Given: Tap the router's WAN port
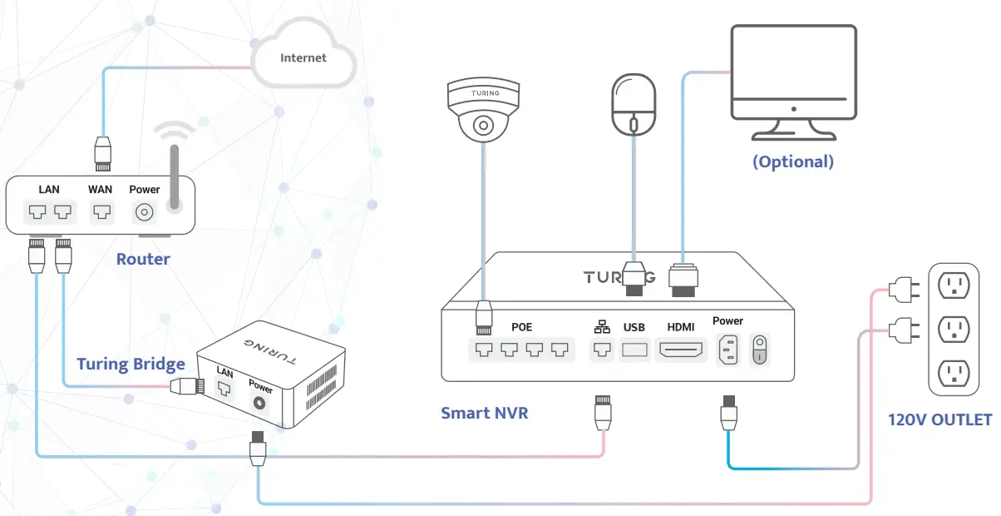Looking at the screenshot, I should coord(101,212).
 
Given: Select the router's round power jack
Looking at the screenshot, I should coord(145,213).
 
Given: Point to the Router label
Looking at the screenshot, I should coord(143,259).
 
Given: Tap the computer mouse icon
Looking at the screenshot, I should coord(634,105).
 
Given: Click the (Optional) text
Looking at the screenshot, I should coord(792,161).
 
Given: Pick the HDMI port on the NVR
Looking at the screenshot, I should coord(680,350).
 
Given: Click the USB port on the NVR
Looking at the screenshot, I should coord(634,350).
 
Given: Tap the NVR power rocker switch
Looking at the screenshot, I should coord(759,350).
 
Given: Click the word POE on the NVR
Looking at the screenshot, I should coord(521,327).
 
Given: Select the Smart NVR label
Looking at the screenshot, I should coord(484,412).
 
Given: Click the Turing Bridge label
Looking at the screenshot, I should coord(131,364).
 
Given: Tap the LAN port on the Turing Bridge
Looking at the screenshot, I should coord(224,388).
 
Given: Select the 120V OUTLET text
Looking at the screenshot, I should coord(940,419).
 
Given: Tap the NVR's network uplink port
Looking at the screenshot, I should coord(602,350).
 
